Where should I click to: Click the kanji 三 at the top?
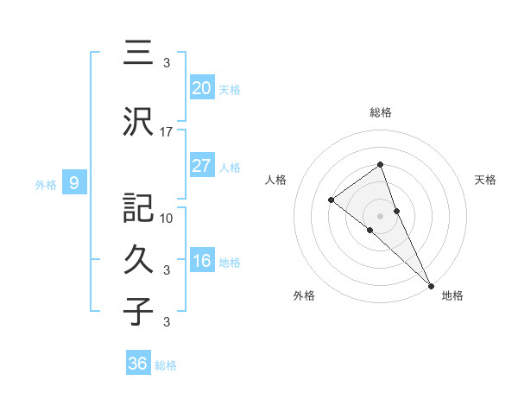click(138, 54)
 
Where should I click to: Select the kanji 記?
click(138, 208)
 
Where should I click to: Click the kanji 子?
click(138, 311)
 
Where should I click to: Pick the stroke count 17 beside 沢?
click(167, 132)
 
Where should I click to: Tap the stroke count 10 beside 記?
click(167, 218)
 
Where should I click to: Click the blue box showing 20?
click(201, 87)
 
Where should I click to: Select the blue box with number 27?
click(201, 166)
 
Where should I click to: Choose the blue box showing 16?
click(201, 261)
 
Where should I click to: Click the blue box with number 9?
click(74, 182)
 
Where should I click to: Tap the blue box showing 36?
click(138, 364)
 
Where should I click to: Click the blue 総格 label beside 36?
click(166, 365)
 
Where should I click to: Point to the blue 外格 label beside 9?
click(46, 184)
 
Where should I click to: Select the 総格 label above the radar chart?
click(380, 112)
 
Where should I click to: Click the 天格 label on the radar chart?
click(485, 180)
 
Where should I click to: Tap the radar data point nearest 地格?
click(430, 284)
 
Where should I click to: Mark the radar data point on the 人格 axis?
click(332, 200)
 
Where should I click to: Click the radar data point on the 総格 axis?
click(380, 165)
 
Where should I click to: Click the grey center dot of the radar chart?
click(380, 215)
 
